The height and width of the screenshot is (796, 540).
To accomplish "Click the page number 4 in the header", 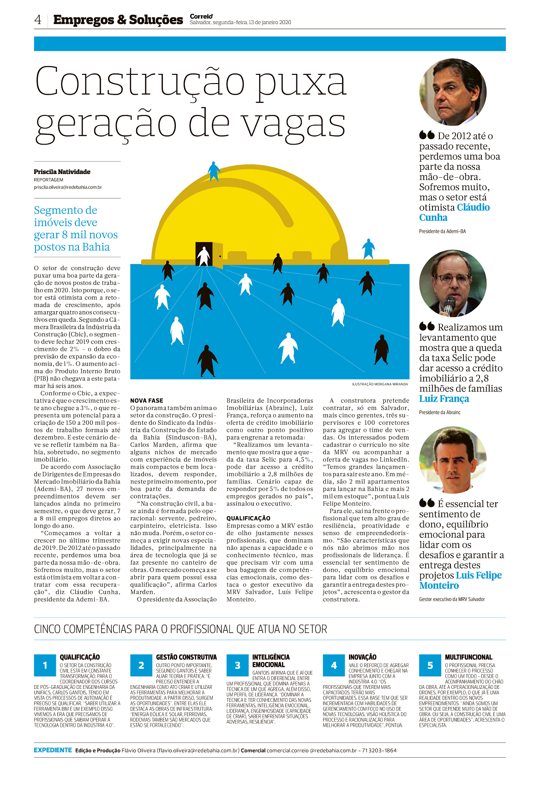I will tap(38, 20).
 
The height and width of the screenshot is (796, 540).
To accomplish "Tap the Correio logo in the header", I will tap(201, 17).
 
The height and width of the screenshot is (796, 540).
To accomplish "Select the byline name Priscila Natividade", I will tap(62, 172).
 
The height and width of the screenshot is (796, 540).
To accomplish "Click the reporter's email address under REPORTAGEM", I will tap(68, 187).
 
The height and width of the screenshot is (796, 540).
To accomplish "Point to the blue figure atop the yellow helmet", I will tap(214, 171).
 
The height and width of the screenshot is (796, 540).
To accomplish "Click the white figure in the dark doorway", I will tap(203, 256).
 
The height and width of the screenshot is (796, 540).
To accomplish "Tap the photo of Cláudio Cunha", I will tap(452, 92).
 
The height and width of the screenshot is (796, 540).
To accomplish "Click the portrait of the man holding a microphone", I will tap(452, 283).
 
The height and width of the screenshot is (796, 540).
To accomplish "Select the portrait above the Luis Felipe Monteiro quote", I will tap(452, 460).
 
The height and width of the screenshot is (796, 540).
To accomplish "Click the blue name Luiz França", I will tap(444, 399).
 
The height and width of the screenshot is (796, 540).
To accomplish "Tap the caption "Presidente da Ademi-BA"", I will tap(442, 231).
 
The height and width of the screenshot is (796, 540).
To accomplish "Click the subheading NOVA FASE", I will tap(146, 401).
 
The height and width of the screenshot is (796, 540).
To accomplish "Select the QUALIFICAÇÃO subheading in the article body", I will tap(248, 519).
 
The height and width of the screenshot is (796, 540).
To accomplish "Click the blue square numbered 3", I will tap(238, 665).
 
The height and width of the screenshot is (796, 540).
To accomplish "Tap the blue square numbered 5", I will tap(430, 665).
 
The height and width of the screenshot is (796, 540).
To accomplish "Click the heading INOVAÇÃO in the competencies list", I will tap(362, 657).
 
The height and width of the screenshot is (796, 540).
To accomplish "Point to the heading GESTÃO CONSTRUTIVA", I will tap(186, 657).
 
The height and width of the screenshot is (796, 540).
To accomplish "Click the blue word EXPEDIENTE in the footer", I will tap(53, 750).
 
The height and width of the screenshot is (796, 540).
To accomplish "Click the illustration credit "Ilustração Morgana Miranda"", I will tap(380, 384).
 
